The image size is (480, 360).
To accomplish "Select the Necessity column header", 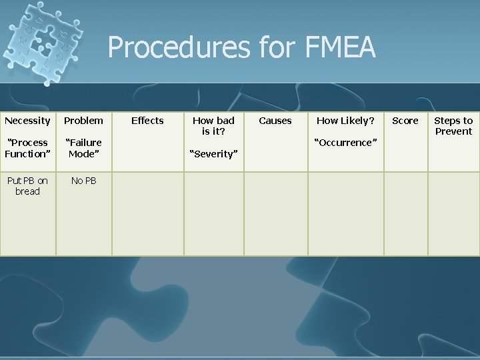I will click(x=27, y=121).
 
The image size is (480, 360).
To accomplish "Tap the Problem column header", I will click(x=83, y=121).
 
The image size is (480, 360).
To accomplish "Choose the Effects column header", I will click(x=147, y=121).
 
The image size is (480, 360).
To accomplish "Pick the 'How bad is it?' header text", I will click(x=213, y=126).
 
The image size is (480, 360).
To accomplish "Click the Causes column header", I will click(x=275, y=121).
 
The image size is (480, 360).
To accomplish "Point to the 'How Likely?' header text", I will click(x=345, y=121).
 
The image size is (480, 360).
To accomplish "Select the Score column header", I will click(x=405, y=121).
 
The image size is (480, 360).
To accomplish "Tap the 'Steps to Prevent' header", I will click(x=453, y=126).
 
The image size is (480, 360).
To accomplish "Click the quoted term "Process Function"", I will click(x=27, y=148).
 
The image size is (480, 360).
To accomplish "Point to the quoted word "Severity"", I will click(x=213, y=154).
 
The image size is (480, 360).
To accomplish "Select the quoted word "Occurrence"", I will click(x=345, y=143).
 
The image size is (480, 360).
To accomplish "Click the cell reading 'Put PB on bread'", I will click(x=27, y=186).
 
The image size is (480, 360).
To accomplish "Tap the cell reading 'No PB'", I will click(x=83, y=181).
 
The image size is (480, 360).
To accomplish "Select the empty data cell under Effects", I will click(x=147, y=213).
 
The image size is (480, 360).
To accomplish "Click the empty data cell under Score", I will click(x=405, y=213).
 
